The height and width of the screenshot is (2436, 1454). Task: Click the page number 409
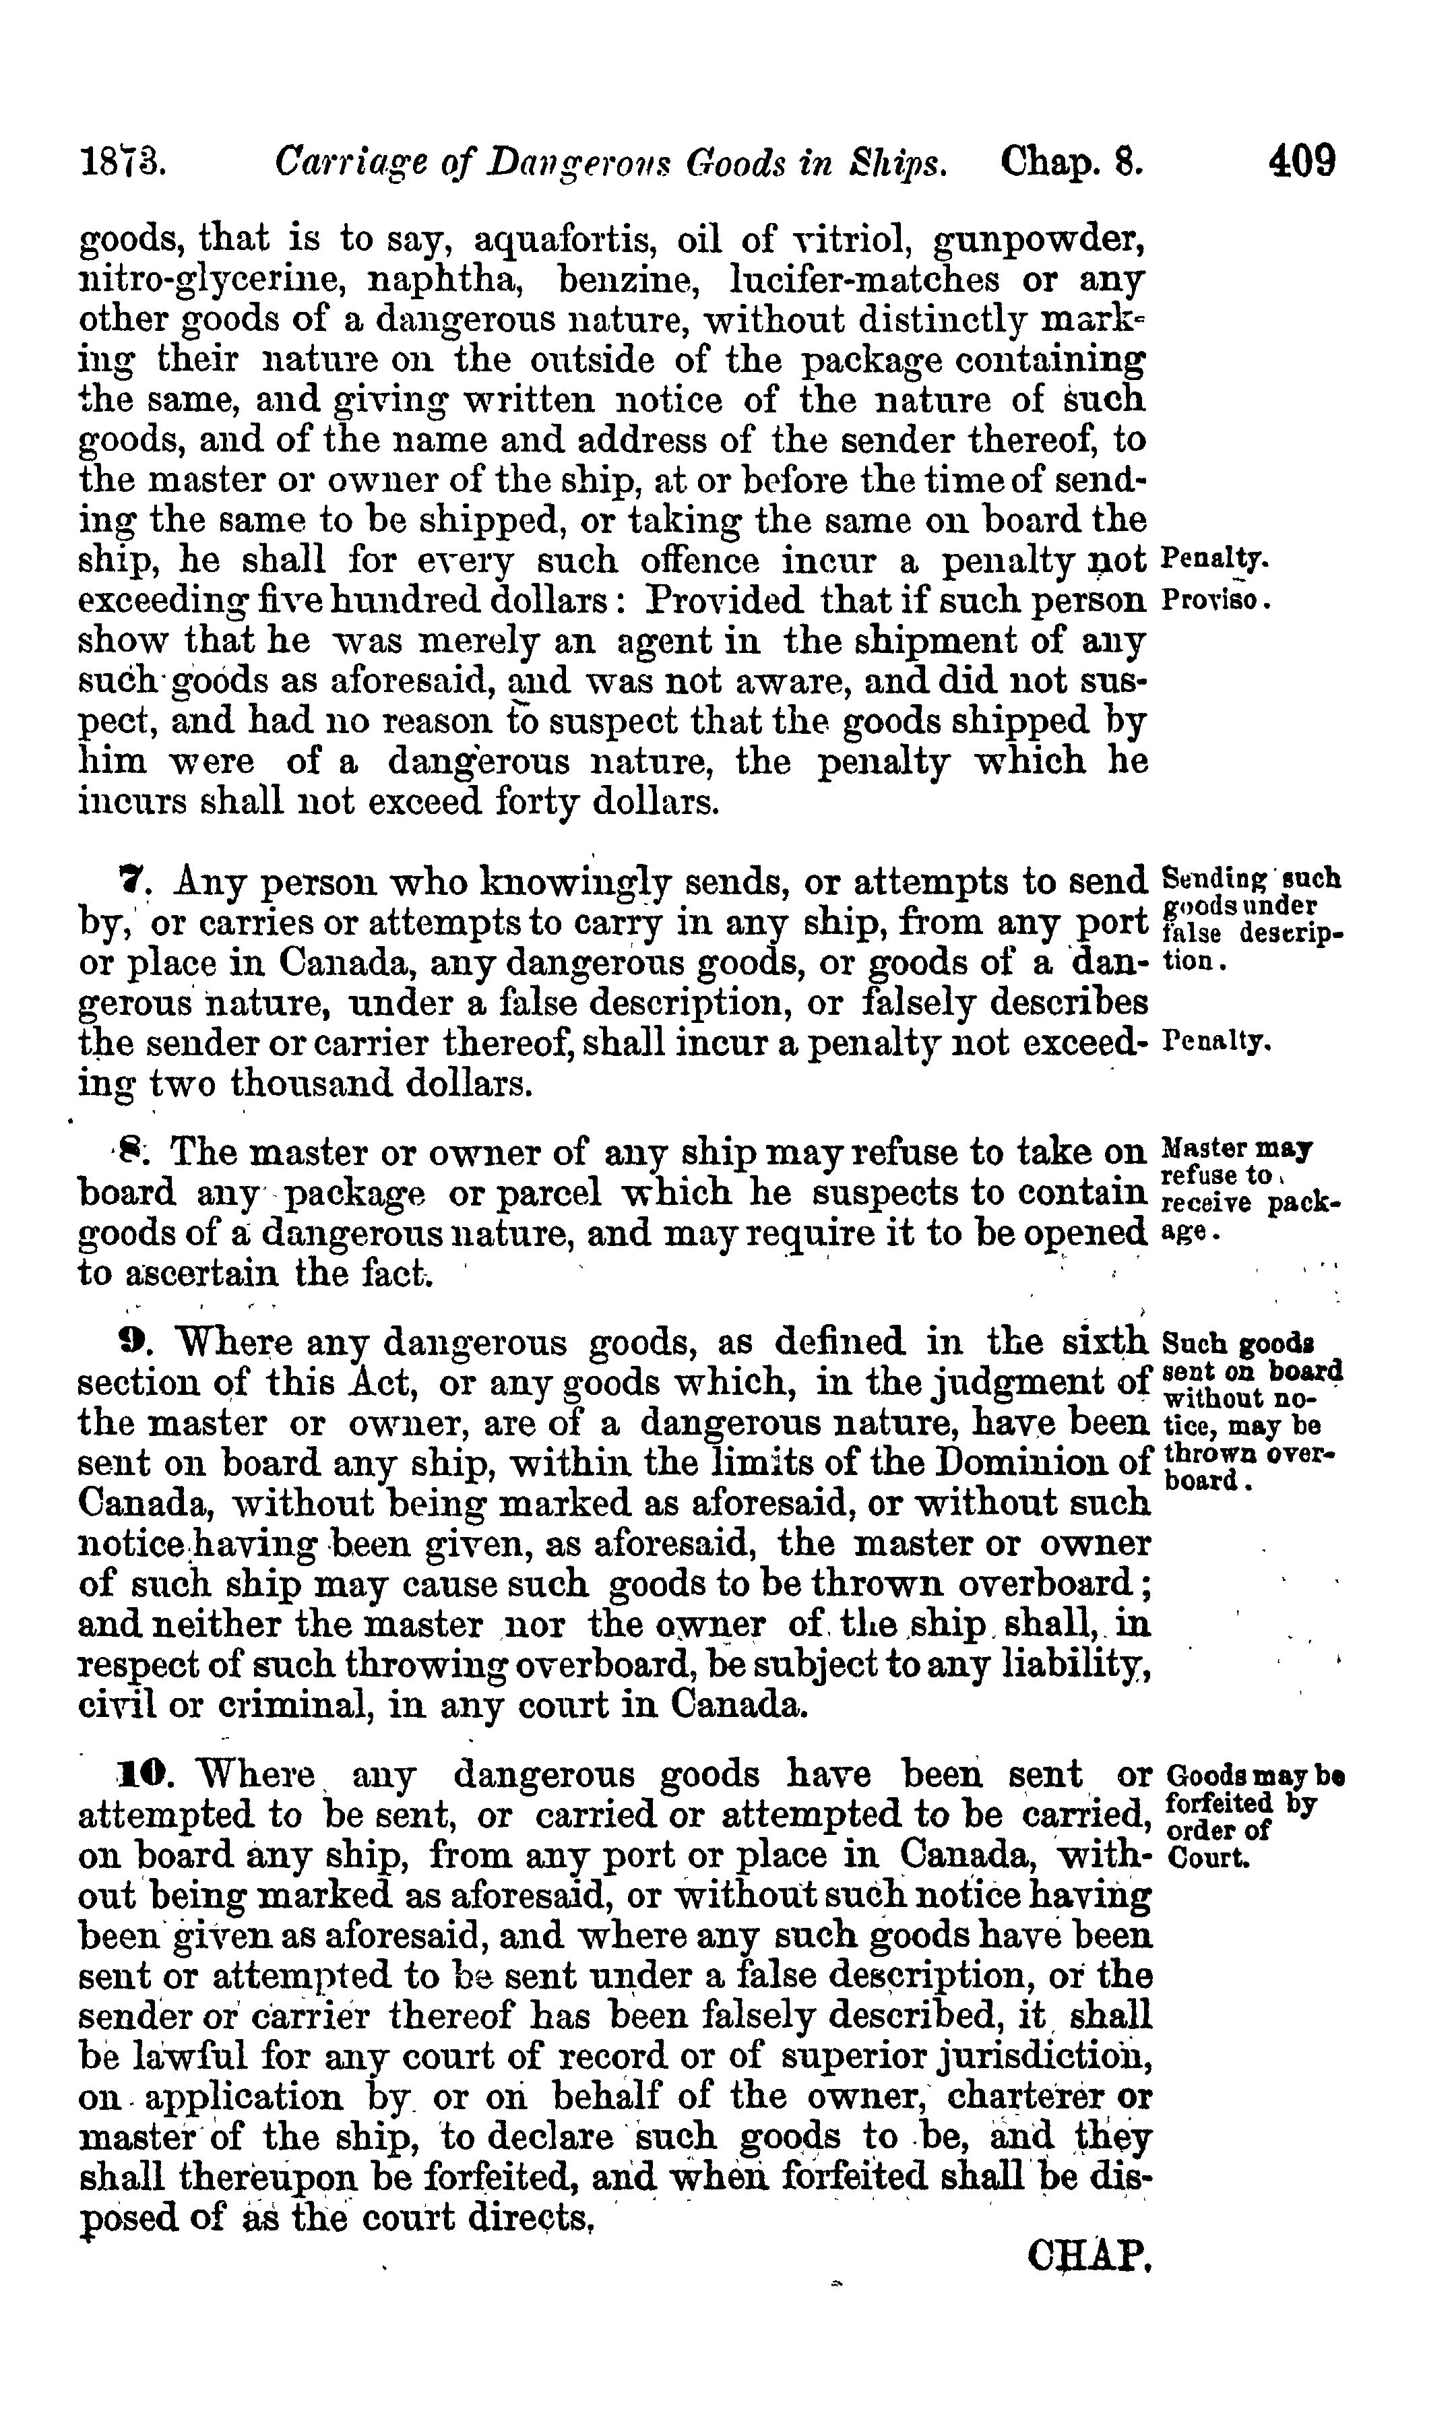tap(1301, 160)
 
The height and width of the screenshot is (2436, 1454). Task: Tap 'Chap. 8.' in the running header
tap(1072, 160)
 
